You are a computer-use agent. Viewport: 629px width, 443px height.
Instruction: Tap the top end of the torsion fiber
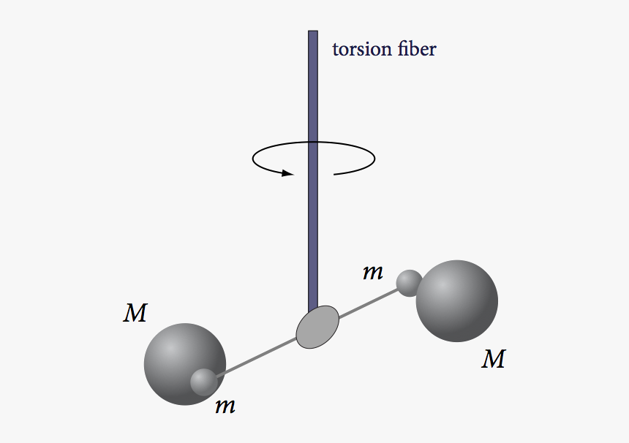(313, 33)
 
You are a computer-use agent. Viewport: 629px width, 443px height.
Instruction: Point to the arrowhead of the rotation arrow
(287, 173)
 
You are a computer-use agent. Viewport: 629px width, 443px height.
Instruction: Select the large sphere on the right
(458, 301)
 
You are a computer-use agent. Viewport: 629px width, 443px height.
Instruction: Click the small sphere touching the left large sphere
(203, 382)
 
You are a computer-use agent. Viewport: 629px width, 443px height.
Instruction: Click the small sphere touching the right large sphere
(408, 282)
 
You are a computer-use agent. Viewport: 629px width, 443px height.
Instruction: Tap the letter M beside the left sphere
(135, 314)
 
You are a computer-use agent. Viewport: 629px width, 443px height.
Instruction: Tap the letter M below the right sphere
(494, 360)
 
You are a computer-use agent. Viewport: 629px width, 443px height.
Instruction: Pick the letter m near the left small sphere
(225, 406)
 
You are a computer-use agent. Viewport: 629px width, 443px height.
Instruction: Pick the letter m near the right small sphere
(373, 273)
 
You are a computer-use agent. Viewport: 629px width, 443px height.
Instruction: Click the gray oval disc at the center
(317, 327)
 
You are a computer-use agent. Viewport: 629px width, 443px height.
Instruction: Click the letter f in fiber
(396, 49)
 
